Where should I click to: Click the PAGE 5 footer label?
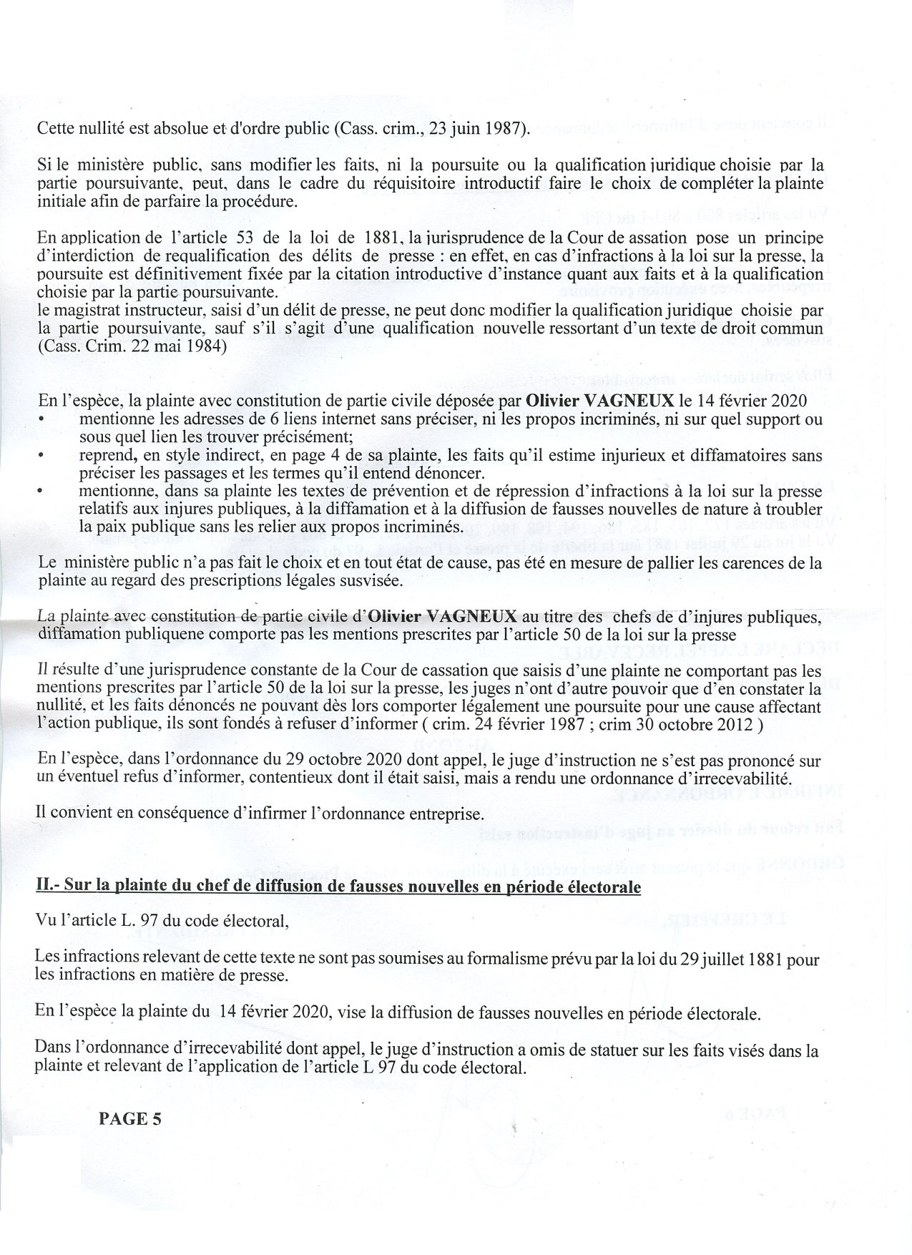point(130,1119)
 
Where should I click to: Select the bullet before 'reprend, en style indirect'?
point(42,455)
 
